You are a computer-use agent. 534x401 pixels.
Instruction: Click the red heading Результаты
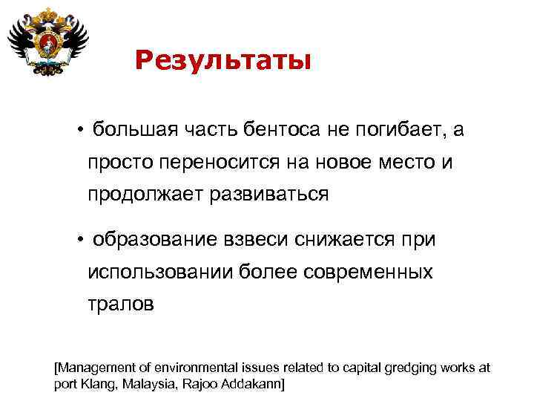point(223,60)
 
